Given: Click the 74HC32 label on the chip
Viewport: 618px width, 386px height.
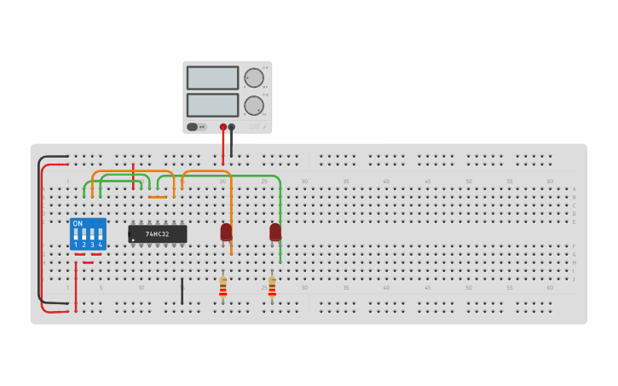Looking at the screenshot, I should (158, 233).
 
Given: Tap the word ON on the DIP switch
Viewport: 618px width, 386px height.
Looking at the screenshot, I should (78, 223).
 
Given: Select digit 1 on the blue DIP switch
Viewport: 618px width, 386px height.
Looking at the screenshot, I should (76, 245).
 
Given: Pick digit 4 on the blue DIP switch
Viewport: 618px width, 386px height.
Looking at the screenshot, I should (100, 245).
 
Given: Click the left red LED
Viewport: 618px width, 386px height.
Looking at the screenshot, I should (226, 232).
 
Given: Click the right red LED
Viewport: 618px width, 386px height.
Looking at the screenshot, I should (274, 232).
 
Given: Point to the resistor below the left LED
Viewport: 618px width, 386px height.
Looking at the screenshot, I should (222, 286).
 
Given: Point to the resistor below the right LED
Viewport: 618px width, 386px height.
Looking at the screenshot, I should (272, 286).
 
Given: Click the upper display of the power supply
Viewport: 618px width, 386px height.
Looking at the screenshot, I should (212, 78).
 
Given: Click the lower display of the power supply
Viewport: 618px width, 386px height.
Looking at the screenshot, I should (212, 105).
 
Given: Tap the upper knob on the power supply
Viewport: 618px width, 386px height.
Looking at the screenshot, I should (254, 78).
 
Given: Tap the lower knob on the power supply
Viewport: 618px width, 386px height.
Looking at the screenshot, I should (254, 106).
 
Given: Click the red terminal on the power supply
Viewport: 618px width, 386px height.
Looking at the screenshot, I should (223, 127).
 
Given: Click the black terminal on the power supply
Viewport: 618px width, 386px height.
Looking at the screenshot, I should (231, 127).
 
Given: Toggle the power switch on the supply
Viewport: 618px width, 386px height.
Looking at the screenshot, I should (193, 127).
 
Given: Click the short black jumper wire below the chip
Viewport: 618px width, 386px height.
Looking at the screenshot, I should (182, 291).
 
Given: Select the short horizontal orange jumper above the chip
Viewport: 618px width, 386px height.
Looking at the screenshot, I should (158, 197).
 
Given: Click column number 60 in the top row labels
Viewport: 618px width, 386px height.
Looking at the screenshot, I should (550, 181).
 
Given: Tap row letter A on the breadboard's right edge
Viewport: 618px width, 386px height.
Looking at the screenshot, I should (574, 189).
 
